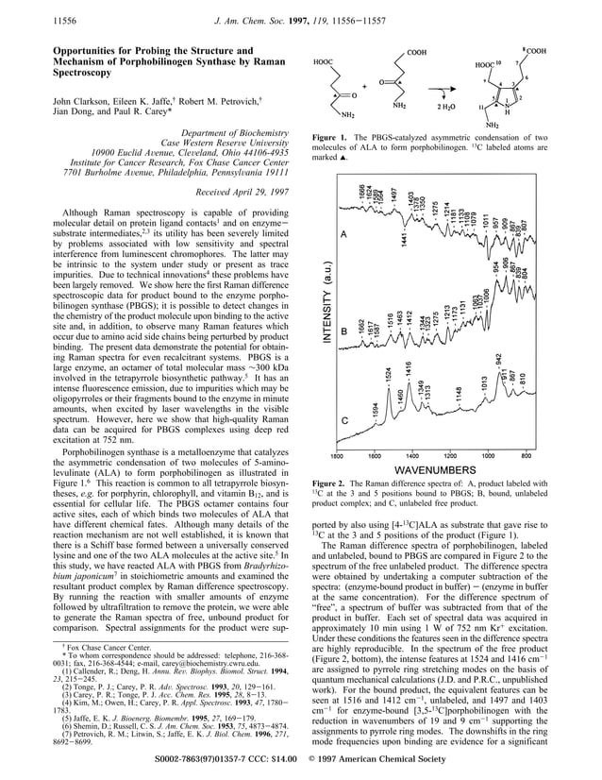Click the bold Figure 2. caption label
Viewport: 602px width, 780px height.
[329, 483]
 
